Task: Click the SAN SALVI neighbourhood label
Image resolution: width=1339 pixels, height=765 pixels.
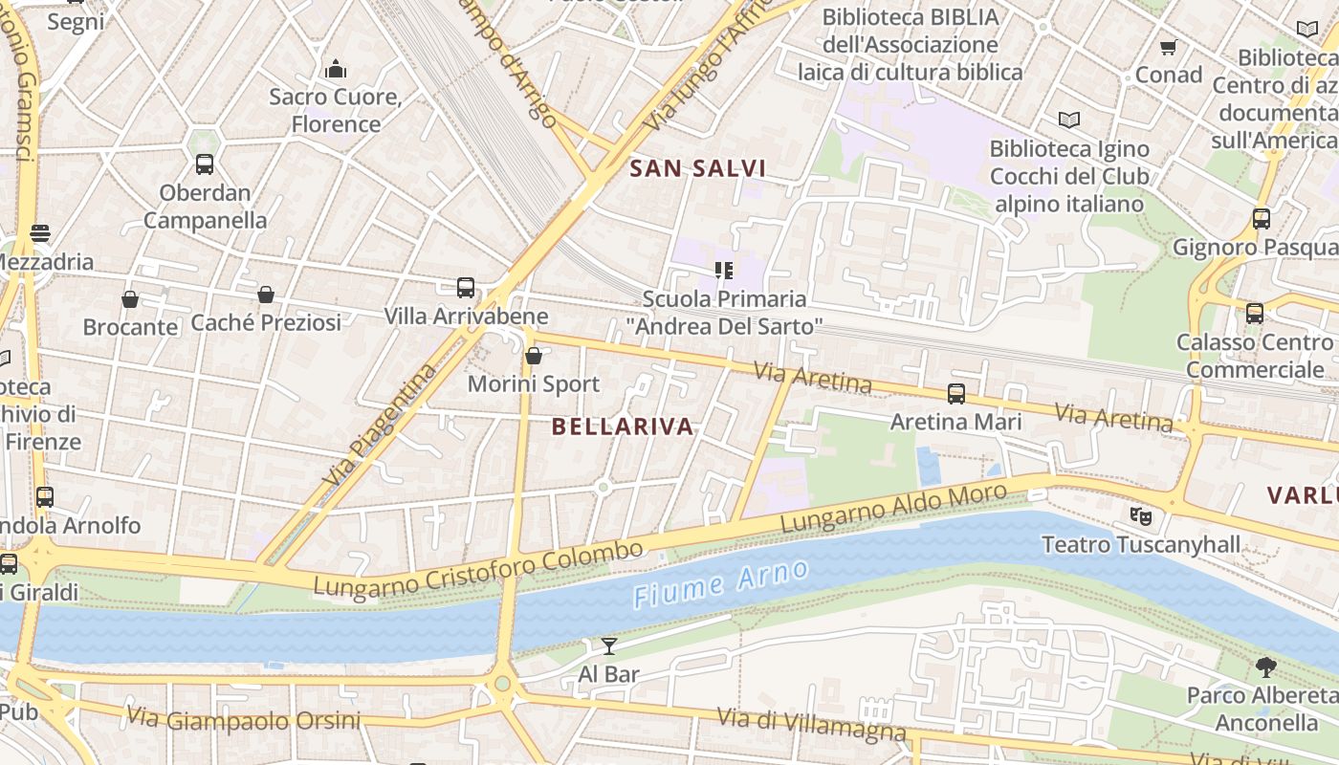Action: click(698, 169)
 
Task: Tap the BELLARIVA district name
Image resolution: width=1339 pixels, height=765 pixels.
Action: click(623, 427)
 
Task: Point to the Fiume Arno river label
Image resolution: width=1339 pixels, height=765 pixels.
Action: click(721, 584)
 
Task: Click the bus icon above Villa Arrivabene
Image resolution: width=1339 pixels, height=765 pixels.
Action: click(465, 288)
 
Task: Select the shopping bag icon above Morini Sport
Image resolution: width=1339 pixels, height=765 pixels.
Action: click(534, 356)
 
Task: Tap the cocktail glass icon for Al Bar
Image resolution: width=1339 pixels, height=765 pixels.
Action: click(608, 646)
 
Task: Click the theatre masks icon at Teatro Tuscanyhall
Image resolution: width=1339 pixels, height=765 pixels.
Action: click(1139, 516)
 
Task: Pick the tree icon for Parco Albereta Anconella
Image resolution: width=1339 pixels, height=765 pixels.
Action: click(1265, 667)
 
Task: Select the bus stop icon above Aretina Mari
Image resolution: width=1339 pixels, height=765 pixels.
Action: click(955, 393)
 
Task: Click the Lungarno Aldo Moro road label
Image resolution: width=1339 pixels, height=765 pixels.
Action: click(894, 509)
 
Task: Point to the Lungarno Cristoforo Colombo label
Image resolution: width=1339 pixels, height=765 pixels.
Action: click(478, 571)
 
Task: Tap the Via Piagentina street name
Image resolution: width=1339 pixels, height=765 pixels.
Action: click(380, 422)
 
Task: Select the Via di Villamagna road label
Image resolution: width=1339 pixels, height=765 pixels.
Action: click(811, 724)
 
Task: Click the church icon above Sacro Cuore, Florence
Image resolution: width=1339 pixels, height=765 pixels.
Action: click(336, 69)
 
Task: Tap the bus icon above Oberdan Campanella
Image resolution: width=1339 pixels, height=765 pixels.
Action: click(205, 164)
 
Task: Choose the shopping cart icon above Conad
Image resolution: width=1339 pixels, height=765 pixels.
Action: click(1168, 47)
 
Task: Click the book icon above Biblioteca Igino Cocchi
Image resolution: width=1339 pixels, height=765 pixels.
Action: click(1069, 120)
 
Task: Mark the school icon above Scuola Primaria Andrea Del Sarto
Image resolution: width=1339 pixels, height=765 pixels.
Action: click(723, 271)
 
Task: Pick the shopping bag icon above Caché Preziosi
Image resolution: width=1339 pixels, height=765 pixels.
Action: click(266, 295)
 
